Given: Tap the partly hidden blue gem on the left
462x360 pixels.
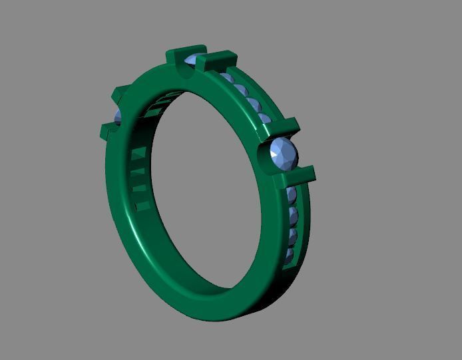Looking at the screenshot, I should (x=118, y=118).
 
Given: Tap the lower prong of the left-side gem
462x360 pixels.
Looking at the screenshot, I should (x=109, y=130).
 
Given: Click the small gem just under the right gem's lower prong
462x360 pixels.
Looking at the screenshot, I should (x=292, y=194).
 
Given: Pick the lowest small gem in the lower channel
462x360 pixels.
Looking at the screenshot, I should (x=288, y=256).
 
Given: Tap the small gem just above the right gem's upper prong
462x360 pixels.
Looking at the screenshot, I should (x=264, y=120).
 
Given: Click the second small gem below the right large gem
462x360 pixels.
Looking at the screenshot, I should (x=292, y=215).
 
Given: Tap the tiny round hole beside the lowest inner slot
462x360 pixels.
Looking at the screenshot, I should (x=138, y=208).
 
